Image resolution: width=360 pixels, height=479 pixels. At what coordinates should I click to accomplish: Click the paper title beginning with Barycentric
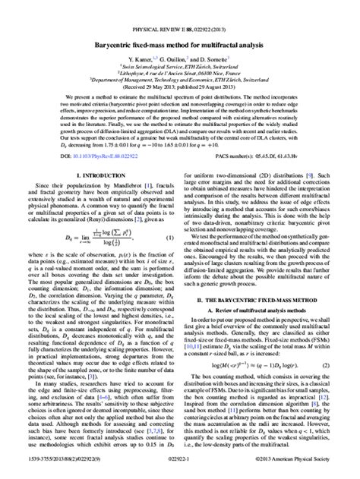pyautogui.click(x=180, y=25)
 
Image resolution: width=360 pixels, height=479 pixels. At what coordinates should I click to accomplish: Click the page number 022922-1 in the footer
pyautogui.click(x=180, y=471)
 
